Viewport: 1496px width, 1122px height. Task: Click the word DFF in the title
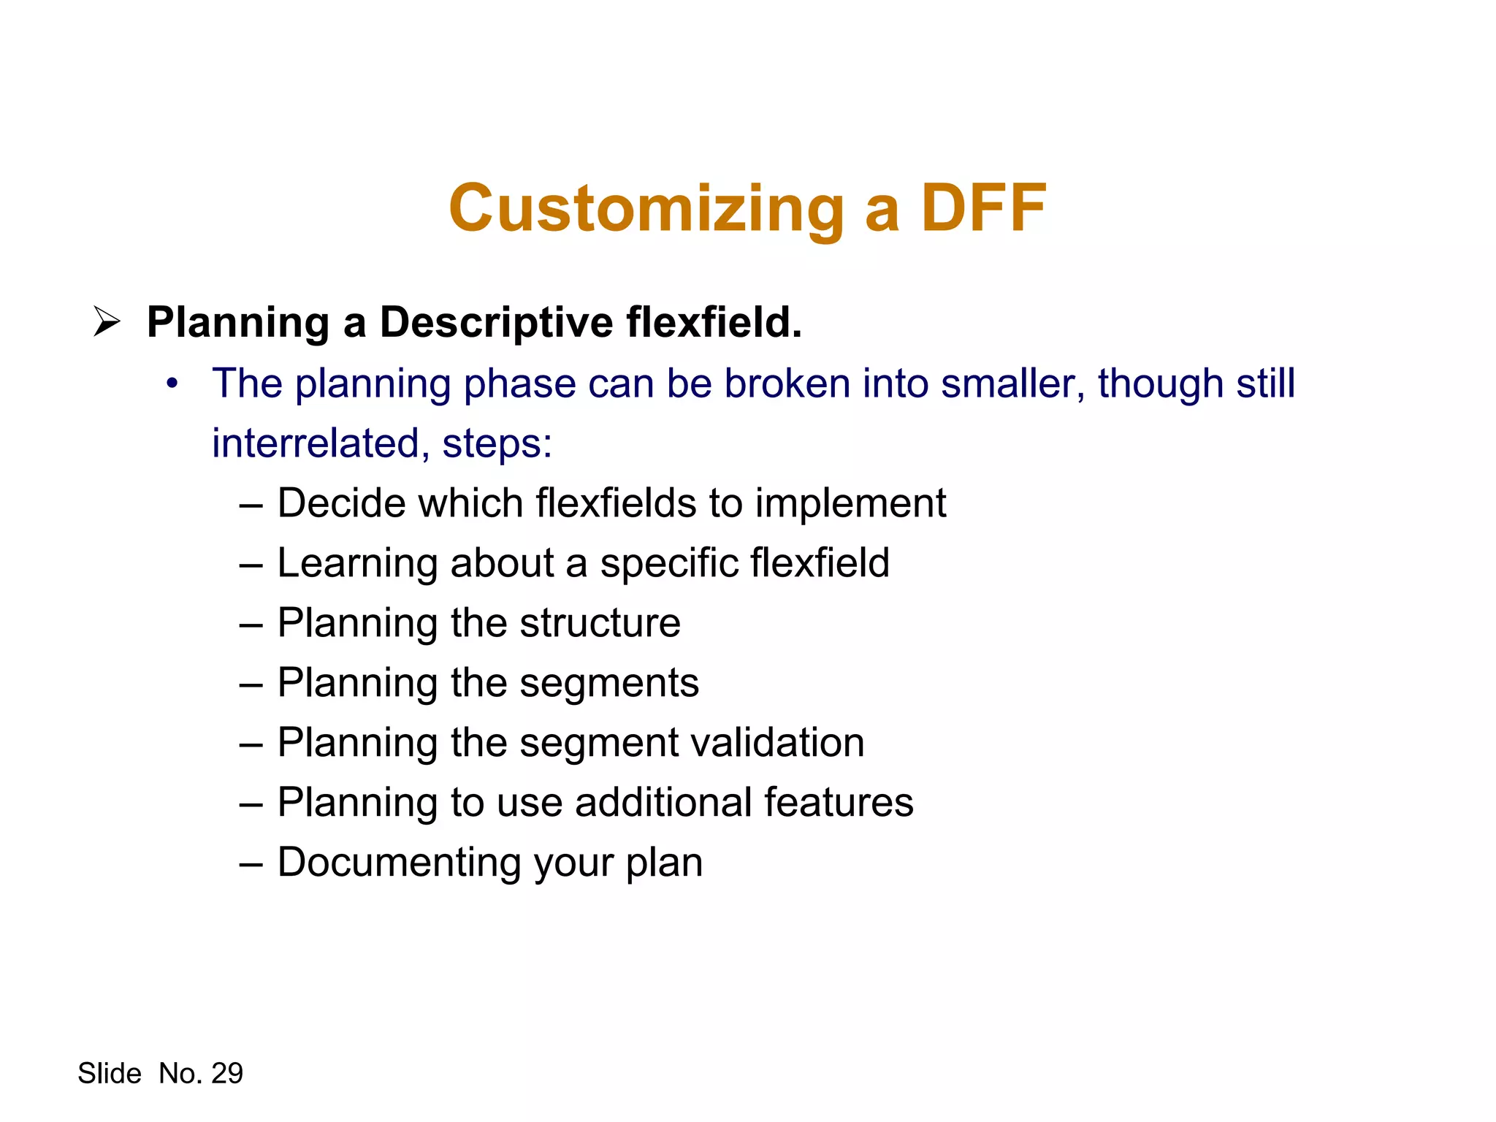coord(983,208)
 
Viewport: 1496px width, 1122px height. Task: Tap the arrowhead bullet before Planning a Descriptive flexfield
coord(107,322)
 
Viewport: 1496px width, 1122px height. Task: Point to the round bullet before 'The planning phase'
coord(172,383)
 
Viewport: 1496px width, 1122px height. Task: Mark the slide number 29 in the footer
coord(226,1073)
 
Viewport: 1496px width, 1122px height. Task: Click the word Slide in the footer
coord(110,1073)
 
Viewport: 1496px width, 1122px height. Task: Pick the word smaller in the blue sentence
coord(1012,383)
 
